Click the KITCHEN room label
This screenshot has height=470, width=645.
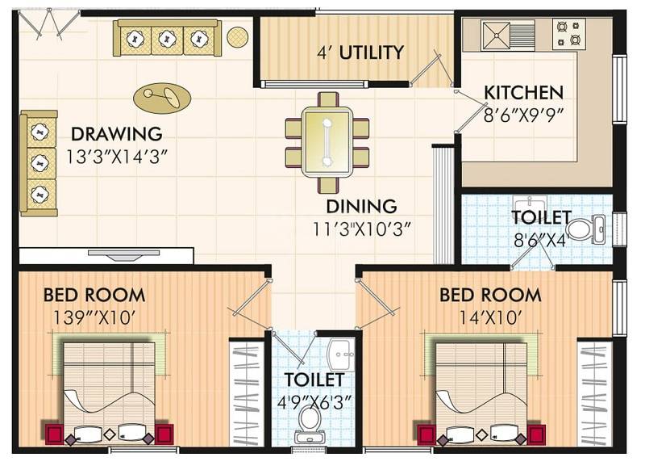coord(523,92)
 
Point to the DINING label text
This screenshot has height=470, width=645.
coord(361,207)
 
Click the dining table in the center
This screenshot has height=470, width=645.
coord(327,141)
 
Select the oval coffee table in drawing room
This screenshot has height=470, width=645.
coord(162,98)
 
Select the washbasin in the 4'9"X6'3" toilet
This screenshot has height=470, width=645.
coord(339,353)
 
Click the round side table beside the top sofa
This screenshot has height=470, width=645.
coord(237,36)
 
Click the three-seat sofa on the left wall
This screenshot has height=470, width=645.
coord(38,162)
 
